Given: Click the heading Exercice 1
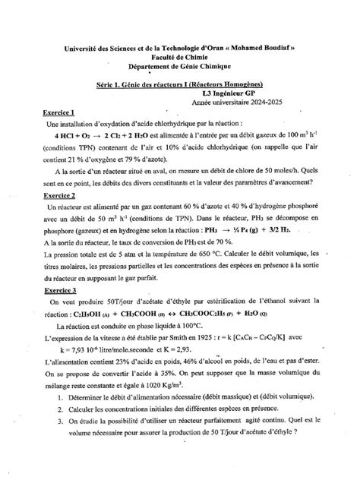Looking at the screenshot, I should click(x=62, y=111).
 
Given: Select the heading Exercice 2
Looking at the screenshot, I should click(x=62, y=195).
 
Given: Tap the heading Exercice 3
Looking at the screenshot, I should click(x=62, y=290).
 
